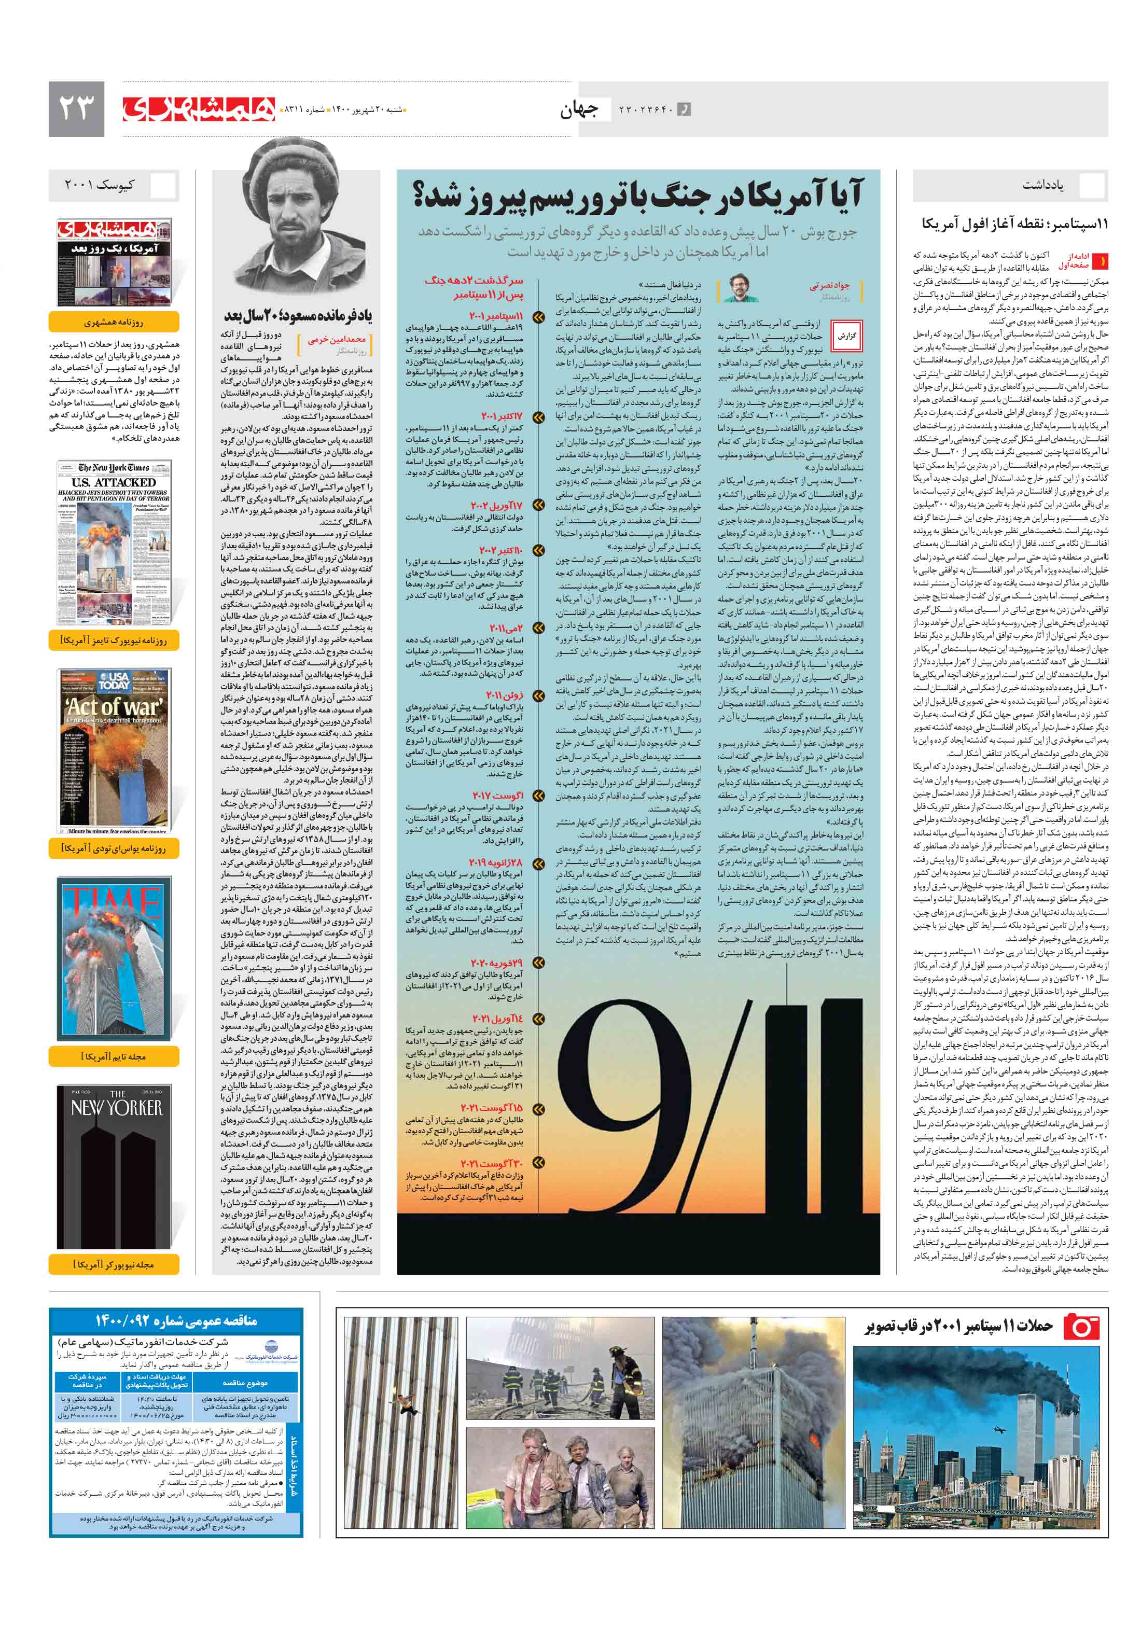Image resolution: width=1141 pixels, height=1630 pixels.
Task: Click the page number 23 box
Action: coord(76,108)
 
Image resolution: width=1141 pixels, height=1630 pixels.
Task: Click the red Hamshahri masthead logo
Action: coord(199,108)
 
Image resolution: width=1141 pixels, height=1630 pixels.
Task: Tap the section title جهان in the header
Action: coord(579,109)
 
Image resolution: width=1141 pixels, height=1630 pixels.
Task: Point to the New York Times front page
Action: coord(114,543)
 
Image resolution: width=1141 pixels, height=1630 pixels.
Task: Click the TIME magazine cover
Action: coord(114,958)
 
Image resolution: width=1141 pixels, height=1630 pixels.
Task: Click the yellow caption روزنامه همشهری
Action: coord(114,322)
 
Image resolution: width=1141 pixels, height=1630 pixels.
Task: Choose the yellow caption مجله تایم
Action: coord(114,1056)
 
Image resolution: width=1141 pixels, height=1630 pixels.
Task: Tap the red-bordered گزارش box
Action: coord(846,336)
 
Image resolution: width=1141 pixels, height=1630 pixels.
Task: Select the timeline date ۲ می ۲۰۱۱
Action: coord(506,628)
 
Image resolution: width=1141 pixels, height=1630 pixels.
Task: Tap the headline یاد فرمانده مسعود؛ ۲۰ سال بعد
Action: coord(298,314)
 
